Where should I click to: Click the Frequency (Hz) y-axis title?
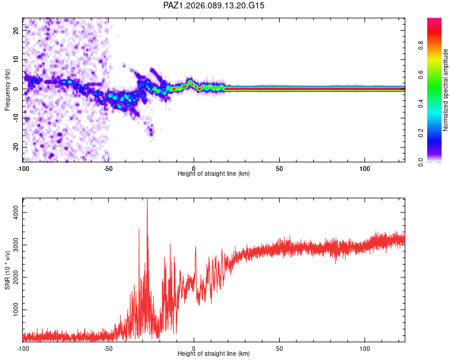click(8, 89)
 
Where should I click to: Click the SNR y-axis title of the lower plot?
click(8, 269)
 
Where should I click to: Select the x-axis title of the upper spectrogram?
click(214, 173)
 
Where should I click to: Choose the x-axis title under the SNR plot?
click(214, 353)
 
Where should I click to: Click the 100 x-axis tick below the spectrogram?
click(365, 168)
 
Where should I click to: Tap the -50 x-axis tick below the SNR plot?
click(108, 348)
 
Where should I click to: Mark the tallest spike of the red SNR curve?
click(148, 201)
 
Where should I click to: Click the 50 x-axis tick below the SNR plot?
click(280, 348)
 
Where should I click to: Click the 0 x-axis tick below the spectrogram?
click(194, 168)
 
